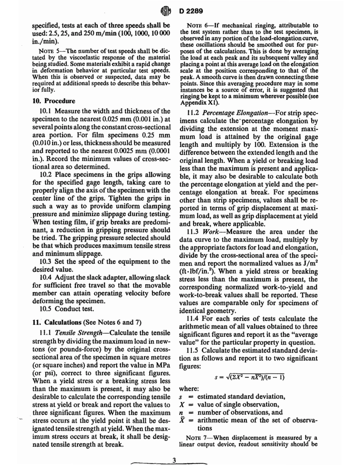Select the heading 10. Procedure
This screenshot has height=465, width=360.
[x=57, y=101]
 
